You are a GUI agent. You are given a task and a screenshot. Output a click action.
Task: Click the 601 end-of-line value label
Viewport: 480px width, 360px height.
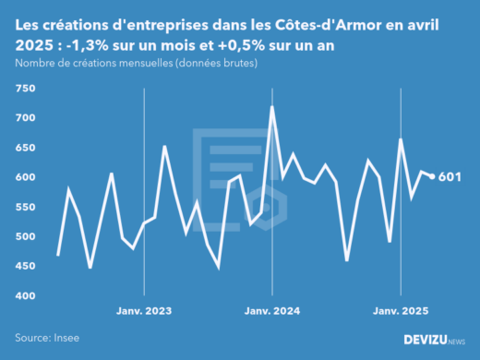[450, 177]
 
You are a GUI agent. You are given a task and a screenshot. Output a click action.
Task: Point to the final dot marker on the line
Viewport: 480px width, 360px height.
[433, 176]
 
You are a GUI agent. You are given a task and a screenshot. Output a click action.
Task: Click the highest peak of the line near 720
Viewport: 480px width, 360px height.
[272, 107]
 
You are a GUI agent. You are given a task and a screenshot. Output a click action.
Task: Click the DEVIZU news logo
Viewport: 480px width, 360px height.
[434, 340]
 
